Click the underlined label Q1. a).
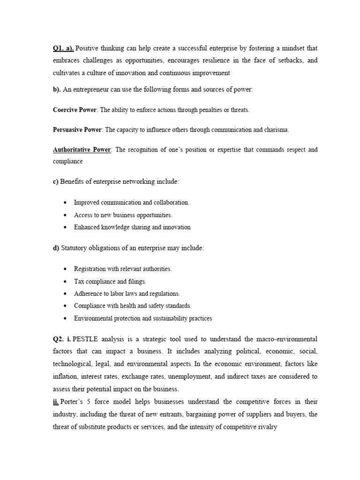63,48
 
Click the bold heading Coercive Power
75,110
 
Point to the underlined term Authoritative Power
82,150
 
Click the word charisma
276,130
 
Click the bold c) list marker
56,181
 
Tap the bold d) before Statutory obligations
56,248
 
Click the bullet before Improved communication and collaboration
65,202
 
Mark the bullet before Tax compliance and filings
65,282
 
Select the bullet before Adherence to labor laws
65,294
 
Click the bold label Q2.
59,338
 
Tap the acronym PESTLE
86,338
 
